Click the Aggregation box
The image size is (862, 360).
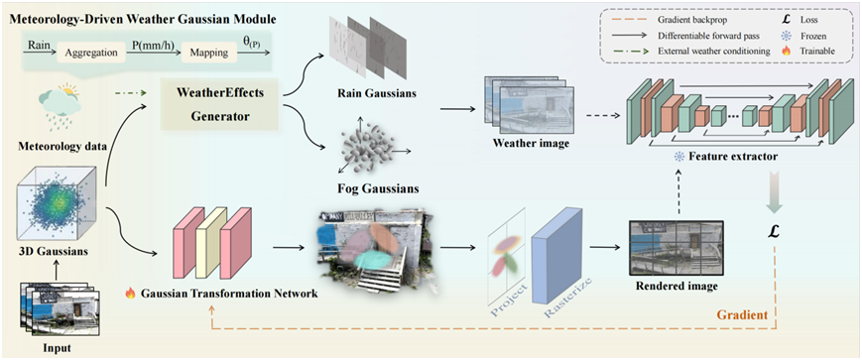point(91,54)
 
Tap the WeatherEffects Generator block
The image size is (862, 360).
point(219,104)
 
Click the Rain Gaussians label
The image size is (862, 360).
point(377,93)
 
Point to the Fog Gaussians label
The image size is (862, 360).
point(378,189)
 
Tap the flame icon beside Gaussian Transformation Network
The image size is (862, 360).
point(131,293)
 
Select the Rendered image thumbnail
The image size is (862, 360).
point(677,248)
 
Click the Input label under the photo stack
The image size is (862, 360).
point(58,348)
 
